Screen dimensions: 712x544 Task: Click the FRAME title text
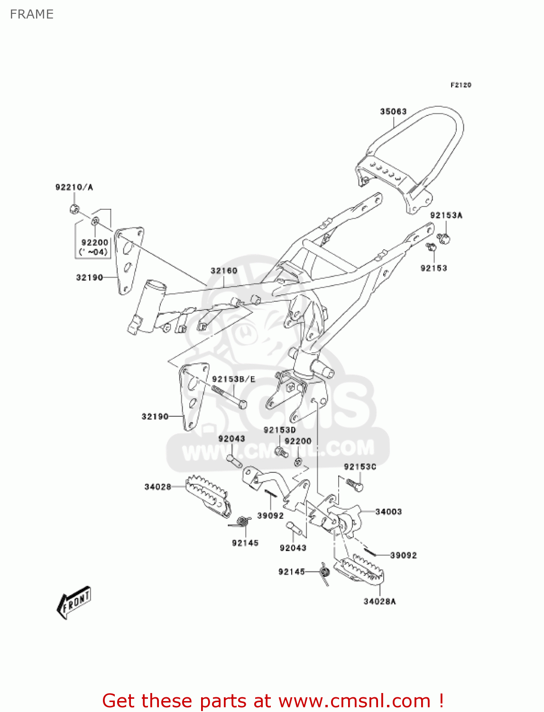pos(32,14)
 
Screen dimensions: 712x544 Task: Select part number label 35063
pos(393,112)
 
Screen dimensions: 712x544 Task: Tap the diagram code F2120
pos(461,85)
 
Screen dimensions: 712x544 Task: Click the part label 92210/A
pos(74,187)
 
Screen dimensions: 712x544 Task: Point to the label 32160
pos(224,271)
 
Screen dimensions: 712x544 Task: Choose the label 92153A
pos(446,215)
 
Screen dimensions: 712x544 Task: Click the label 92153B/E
pos(233,379)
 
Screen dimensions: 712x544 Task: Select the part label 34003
pos(388,512)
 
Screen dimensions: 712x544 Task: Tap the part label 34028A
pos(379,601)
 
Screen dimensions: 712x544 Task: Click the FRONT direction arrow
pos(74,603)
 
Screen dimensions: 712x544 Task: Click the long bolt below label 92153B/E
pos(230,397)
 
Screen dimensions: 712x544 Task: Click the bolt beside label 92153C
pos(354,485)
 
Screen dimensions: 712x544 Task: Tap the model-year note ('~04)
pos(93,252)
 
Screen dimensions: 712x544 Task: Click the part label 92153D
pos(279,430)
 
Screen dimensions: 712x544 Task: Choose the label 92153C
pos(360,467)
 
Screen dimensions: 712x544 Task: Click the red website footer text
pos(273,701)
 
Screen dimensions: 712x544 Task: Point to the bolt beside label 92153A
pos(445,237)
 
